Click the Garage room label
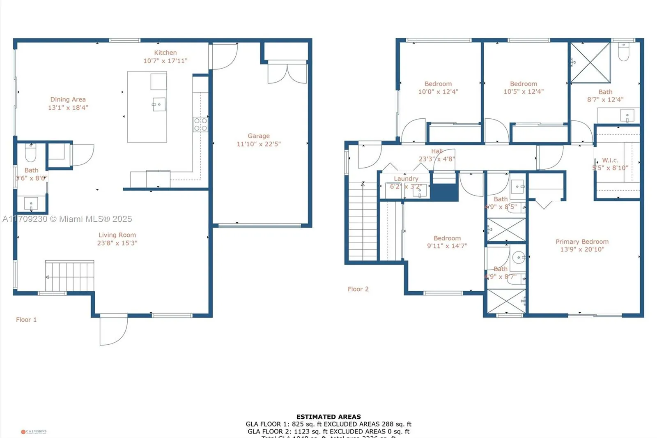click(258, 136)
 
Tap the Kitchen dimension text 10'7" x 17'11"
click(165, 61)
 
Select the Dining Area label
click(68, 99)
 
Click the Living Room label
click(117, 235)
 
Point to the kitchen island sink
click(159, 104)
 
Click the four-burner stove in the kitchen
click(200, 124)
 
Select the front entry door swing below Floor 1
click(113, 330)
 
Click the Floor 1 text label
click(26, 320)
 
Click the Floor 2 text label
click(358, 289)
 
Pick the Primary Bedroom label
click(582, 242)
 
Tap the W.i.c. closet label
click(610, 160)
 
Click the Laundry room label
click(406, 179)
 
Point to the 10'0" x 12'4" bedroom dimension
click(438, 92)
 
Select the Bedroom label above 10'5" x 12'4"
click(523, 84)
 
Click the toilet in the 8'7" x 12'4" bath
click(623, 52)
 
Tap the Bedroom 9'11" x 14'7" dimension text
click(447, 246)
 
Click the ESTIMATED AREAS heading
click(328, 417)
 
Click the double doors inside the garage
click(287, 73)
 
